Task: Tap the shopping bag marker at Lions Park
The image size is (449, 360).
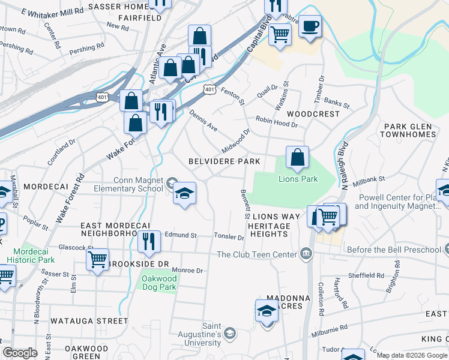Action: point(297,158)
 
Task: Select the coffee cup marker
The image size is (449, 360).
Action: point(310,27)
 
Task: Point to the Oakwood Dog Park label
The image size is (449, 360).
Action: point(158,283)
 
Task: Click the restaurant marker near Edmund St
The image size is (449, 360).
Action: point(149,241)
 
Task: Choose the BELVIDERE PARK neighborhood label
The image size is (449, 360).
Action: point(224,161)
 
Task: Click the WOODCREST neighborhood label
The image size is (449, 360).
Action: point(309,113)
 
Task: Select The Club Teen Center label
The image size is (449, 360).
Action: point(258,254)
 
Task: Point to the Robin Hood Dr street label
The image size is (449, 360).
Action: point(276,122)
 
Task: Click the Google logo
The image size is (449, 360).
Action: point(20,353)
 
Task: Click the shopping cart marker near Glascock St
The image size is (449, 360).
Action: point(97,259)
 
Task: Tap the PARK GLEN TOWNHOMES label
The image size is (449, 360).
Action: point(409,130)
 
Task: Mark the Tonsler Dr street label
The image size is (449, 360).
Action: point(230,237)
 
